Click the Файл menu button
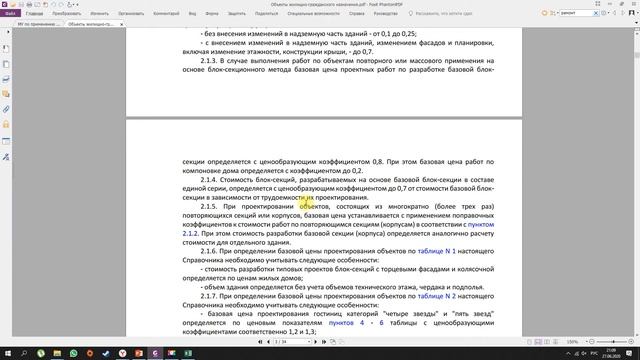pyautogui.click(x=8, y=14)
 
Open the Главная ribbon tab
pyautogui.click(x=35, y=14)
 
